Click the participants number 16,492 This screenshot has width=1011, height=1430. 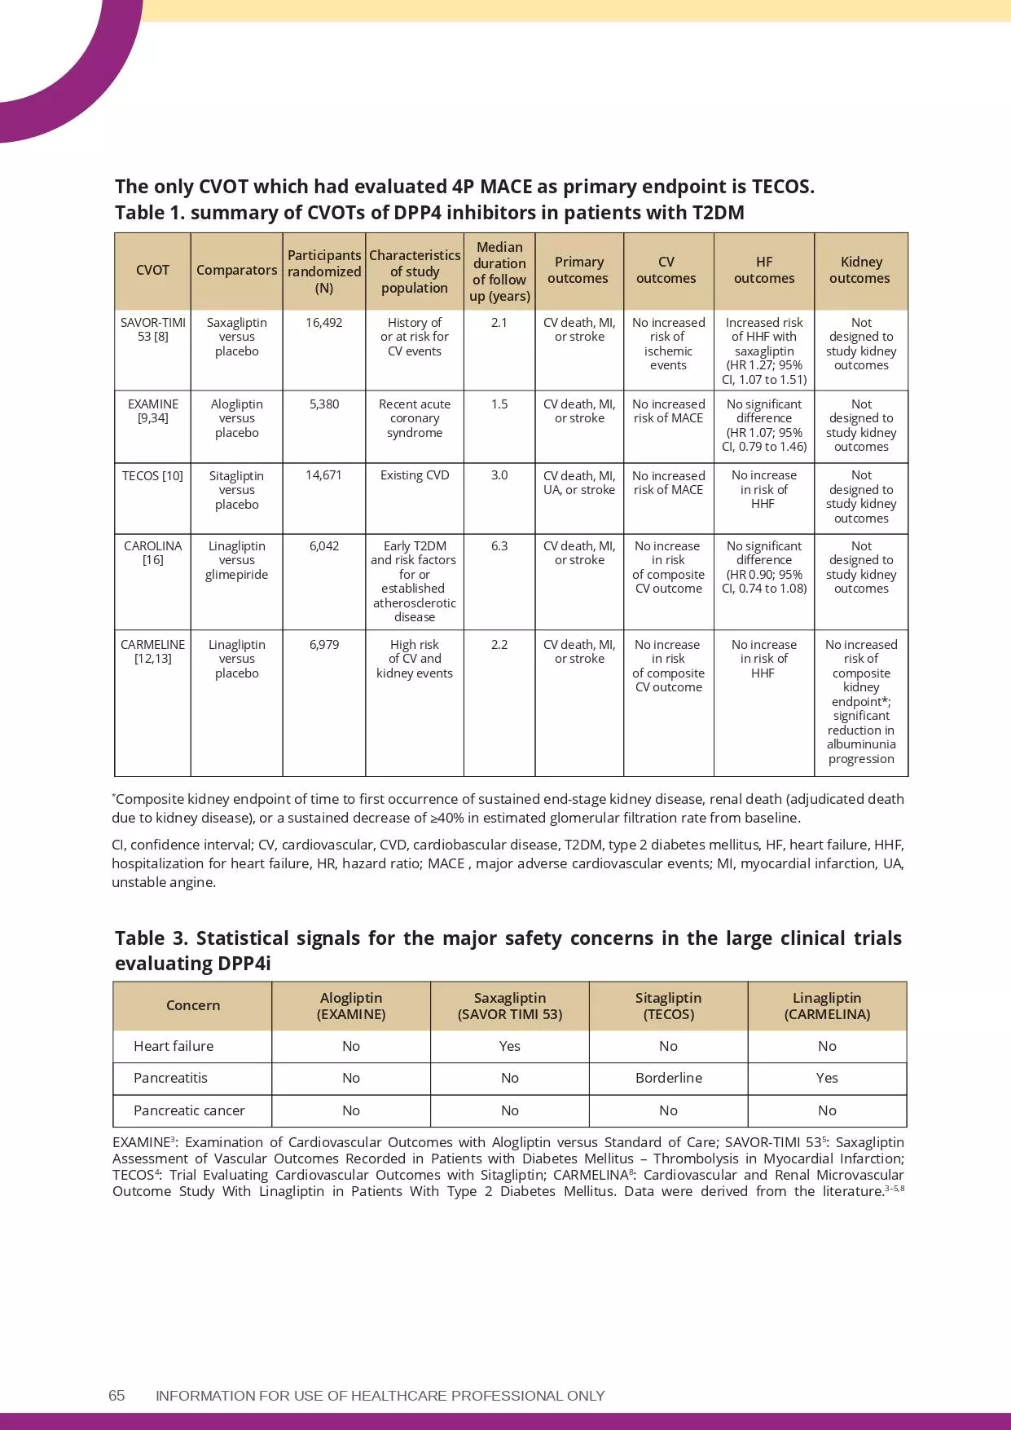(323, 323)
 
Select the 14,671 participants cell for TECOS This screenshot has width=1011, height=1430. (323, 475)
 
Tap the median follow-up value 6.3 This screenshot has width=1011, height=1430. (499, 546)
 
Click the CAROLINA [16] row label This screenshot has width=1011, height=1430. (153, 553)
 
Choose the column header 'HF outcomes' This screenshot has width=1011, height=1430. (763, 270)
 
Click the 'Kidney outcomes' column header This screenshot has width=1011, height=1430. (860, 270)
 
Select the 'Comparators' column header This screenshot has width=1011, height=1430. (236, 270)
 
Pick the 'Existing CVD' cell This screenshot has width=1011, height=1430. (414, 475)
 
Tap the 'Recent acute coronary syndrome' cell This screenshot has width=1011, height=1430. (414, 418)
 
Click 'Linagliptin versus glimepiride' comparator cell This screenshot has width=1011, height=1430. (236, 560)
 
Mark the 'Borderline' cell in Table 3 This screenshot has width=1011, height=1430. (668, 1078)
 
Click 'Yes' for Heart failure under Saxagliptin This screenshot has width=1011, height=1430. (509, 1046)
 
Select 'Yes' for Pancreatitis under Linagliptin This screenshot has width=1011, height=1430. (826, 1078)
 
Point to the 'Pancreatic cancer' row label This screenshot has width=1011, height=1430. (189, 1110)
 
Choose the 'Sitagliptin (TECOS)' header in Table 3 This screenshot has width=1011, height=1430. (668, 1006)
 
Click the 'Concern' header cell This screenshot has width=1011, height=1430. (192, 1005)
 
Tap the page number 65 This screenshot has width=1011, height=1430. (116, 1396)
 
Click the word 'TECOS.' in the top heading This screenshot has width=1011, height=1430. (782, 187)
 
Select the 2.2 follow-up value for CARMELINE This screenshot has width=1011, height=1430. (499, 645)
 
